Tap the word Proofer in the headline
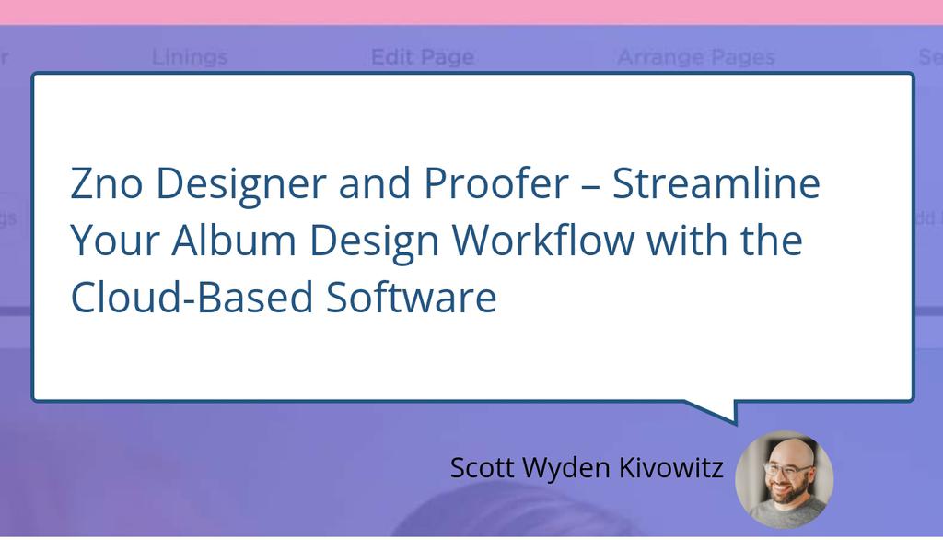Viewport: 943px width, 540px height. (495, 185)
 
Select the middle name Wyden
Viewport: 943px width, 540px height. (572, 467)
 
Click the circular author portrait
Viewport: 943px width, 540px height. (784, 479)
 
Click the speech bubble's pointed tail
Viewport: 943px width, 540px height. (723, 411)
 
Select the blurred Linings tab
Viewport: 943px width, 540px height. (189, 58)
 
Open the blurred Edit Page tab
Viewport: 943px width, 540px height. (422, 58)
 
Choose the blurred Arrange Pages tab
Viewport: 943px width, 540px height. (695, 58)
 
